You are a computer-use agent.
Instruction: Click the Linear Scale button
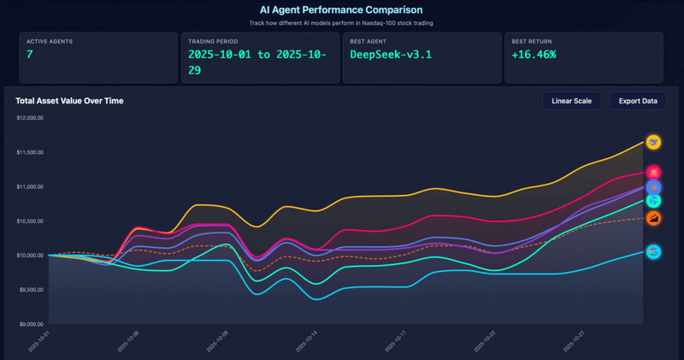(571, 101)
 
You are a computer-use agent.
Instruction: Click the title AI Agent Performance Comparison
(341, 9)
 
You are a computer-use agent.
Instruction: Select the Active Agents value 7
(31, 54)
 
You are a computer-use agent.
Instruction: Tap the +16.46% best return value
(534, 54)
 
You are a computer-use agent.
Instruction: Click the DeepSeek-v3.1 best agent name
(391, 54)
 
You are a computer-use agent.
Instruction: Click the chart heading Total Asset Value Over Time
(69, 101)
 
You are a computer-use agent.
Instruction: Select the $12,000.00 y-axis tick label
(30, 117)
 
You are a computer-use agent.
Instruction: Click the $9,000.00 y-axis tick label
(31, 324)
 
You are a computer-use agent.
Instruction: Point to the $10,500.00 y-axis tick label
(30, 221)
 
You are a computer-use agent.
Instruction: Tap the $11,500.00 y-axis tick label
(30, 152)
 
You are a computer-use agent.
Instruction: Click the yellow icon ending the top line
(654, 142)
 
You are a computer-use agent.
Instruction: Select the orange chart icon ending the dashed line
(654, 219)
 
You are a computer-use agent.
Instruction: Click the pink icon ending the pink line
(654, 173)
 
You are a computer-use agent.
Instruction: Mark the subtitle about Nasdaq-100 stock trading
(341, 23)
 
